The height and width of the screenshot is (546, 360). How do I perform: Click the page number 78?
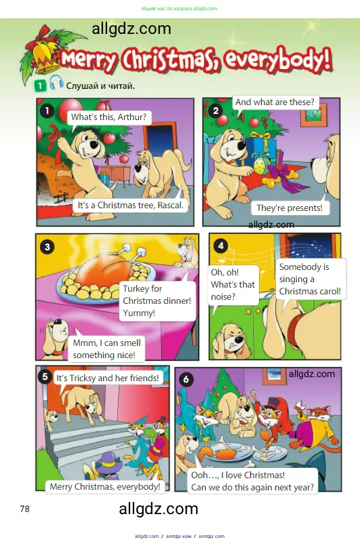(x=24, y=509)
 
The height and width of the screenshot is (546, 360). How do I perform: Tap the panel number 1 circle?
(x=47, y=110)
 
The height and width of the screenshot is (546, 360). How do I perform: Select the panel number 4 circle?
(x=220, y=245)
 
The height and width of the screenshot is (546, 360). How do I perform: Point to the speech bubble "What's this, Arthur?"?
(x=108, y=117)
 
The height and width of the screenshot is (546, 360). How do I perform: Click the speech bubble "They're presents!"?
(x=289, y=208)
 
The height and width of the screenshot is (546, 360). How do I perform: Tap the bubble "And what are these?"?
(x=275, y=102)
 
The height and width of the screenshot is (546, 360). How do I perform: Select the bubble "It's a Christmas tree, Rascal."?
(x=131, y=205)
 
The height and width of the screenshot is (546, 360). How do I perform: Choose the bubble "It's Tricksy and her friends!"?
(x=107, y=378)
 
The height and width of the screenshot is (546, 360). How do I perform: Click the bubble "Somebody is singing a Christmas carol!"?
(x=309, y=279)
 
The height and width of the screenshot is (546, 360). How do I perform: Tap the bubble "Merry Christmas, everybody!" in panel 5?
(x=105, y=486)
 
